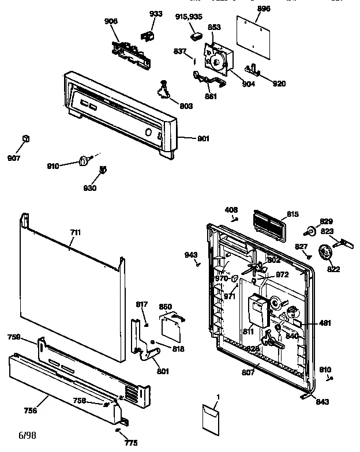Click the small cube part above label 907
(25, 138)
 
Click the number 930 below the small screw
(89, 188)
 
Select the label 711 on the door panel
(75, 232)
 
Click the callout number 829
(327, 222)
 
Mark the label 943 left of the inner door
(191, 254)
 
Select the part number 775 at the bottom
(132, 443)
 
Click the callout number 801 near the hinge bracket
(163, 371)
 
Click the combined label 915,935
(189, 17)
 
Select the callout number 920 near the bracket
(279, 84)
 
